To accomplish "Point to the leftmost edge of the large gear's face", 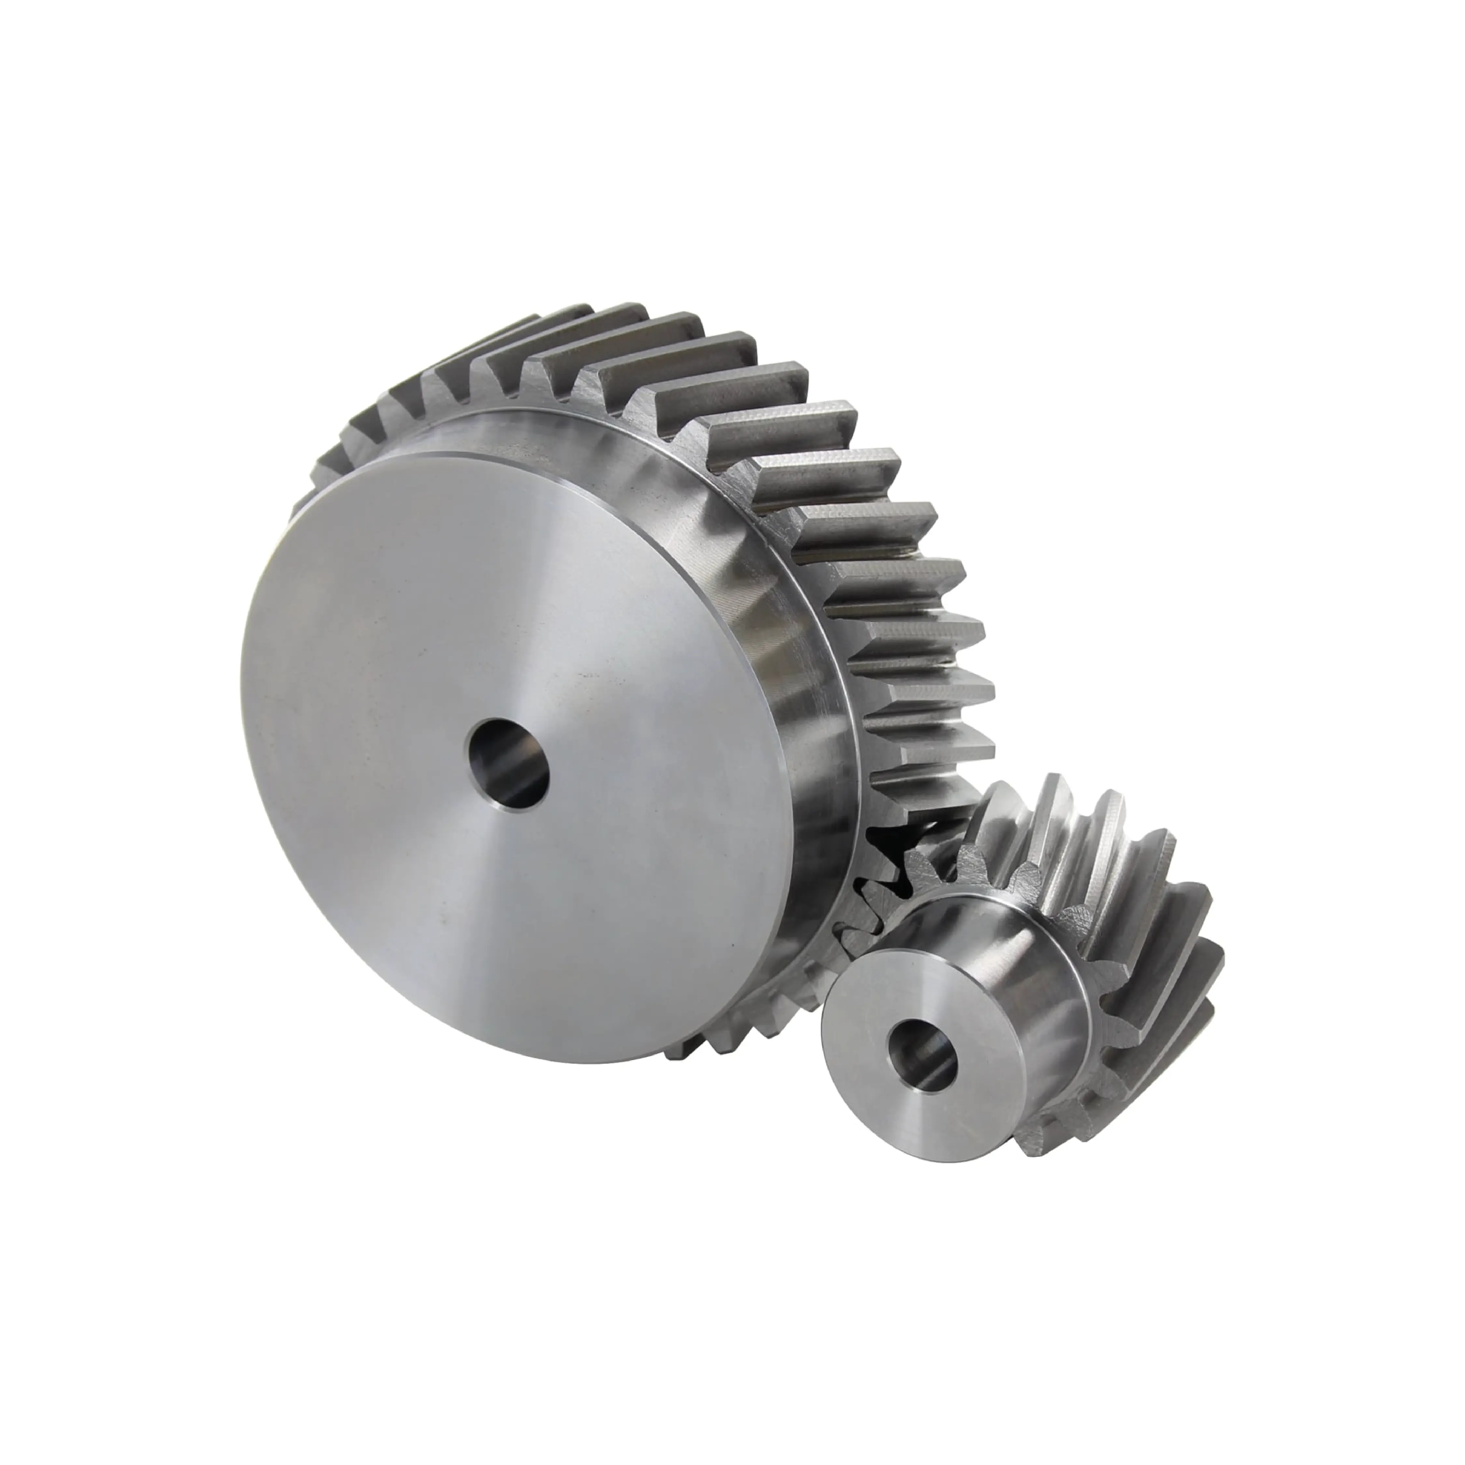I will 241,683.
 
